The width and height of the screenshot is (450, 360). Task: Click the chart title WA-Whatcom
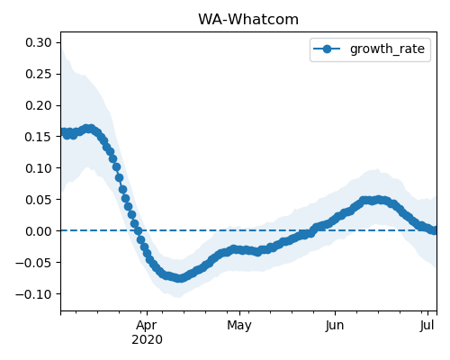tap(248, 20)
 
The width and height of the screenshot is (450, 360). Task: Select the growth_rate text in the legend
tap(387, 49)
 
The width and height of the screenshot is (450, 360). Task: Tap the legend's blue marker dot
tap(327, 49)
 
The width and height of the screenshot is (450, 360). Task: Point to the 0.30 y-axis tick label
tap(39, 42)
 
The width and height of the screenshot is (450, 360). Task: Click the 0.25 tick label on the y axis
tap(39, 74)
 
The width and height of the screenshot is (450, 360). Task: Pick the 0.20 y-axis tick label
tap(39, 105)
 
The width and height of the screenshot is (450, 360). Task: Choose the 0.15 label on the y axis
tap(39, 137)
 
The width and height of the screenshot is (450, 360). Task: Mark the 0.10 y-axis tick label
tap(39, 168)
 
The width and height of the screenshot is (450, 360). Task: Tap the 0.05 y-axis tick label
tap(39, 200)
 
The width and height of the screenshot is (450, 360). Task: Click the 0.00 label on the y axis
tap(39, 231)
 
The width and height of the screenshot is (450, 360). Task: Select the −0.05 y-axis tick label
tap(34, 263)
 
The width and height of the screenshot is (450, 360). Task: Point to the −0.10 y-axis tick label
tap(34, 294)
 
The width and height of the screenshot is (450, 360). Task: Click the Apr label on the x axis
tap(147, 326)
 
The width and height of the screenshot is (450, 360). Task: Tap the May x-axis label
tap(239, 326)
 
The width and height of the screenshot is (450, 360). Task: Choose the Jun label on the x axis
tap(335, 325)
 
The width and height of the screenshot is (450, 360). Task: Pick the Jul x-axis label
tap(427, 325)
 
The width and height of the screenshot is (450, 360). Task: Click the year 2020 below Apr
tap(147, 340)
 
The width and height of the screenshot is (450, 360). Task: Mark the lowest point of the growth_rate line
tap(179, 278)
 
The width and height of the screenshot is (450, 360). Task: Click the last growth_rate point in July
tap(435, 230)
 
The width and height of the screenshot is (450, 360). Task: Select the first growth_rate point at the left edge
tap(63, 132)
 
